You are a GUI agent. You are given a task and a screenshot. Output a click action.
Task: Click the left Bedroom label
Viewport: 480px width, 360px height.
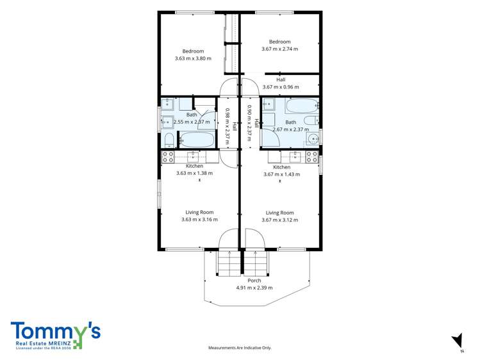point(193,51)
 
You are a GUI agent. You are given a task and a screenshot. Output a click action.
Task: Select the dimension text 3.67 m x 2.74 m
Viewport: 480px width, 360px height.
point(279,49)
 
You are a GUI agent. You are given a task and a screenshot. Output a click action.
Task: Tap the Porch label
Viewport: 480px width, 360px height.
point(254,281)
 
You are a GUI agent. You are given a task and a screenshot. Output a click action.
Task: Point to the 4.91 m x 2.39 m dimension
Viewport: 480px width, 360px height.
point(254,288)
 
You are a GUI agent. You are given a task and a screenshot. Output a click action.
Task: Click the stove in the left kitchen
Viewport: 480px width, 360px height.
point(168,157)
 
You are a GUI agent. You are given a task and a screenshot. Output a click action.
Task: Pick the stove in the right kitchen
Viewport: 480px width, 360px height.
point(312,157)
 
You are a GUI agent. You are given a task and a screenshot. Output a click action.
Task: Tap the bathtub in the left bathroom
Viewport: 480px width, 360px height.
point(197,140)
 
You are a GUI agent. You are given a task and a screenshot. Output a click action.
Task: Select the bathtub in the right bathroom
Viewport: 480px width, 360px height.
point(302,106)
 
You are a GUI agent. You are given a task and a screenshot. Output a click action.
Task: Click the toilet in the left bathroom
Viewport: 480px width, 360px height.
point(169,140)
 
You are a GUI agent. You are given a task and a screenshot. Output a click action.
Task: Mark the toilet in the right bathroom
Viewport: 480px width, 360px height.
point(311,120)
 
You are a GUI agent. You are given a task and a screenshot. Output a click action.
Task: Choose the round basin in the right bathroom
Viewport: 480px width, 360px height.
point(313,140)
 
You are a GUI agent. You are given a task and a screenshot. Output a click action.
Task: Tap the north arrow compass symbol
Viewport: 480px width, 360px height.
point(458,341)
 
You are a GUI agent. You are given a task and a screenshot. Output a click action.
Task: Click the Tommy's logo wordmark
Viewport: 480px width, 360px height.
point(55,332)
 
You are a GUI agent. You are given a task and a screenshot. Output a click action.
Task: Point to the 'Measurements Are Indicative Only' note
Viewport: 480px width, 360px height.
point(240,348)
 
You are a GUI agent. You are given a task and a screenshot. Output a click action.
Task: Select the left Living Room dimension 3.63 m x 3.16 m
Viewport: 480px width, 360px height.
point(199,220)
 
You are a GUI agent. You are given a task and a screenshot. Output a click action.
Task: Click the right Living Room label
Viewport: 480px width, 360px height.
point(279,213)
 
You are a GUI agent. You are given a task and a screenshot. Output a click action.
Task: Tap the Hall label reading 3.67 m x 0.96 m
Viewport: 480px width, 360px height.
point(281,87)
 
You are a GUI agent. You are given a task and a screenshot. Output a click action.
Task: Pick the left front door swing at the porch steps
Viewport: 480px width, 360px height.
point(228,238)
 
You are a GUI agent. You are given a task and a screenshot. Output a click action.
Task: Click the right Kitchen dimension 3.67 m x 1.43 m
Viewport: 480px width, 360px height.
point(281,175)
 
